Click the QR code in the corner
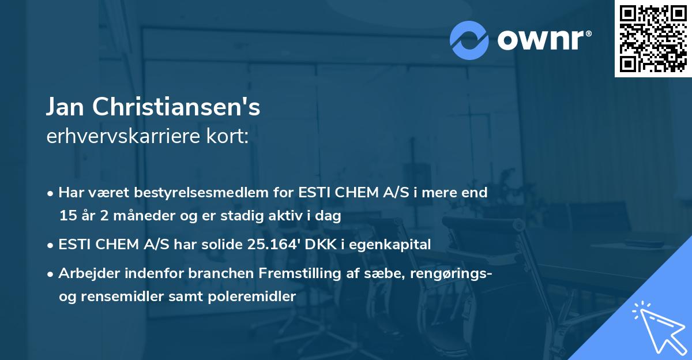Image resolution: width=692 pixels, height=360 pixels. point(653,38)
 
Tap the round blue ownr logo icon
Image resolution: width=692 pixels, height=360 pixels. point(469,40)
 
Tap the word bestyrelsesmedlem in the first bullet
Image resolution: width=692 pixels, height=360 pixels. point(194,193)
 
